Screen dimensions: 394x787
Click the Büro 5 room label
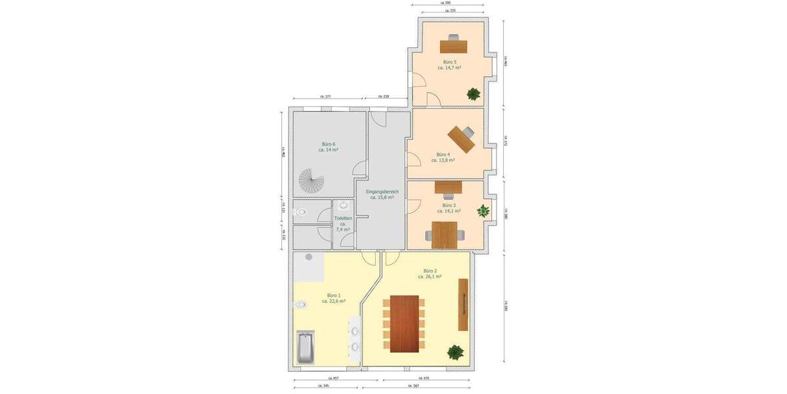450,62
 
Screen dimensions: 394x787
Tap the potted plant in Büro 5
473,94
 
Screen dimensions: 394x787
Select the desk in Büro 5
454,46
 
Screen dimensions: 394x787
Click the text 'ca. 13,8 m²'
443,160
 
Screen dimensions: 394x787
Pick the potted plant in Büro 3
483,211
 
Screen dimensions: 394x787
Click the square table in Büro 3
444,234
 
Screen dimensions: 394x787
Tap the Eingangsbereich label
382,191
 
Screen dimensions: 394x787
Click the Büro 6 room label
329,144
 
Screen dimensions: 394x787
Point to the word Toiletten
343,218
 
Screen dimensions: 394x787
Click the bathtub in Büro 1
306,347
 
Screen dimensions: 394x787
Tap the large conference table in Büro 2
404,323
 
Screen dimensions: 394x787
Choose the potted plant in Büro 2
454,352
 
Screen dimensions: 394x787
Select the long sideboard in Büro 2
463,305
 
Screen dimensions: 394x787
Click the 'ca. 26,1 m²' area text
430,276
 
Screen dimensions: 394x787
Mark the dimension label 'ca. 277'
325,97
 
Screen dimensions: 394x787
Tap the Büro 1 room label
334,295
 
